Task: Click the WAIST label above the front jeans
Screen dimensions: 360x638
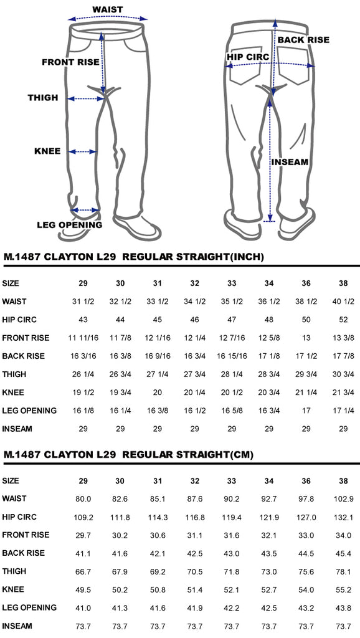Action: (107, 9)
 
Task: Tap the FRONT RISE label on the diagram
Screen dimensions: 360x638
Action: (70, 62)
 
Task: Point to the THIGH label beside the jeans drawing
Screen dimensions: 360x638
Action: (43, 98)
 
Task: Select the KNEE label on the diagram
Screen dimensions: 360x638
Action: (47, 151)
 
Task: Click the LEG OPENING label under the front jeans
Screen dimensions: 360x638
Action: (70, 225)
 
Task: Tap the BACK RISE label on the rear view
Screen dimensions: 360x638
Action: (303, 40)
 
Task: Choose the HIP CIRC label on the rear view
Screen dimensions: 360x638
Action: (248, 57)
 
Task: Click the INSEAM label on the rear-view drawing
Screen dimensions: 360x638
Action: (290, 162)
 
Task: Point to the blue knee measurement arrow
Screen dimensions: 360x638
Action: (83, 152)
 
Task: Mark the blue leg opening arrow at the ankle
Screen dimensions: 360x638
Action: (85, 211)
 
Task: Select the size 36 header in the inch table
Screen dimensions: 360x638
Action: (306, 283)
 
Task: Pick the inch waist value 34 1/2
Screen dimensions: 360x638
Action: (195, 302)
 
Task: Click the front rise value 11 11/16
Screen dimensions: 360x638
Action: (83, 338)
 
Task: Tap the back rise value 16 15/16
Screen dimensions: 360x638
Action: (232, 356)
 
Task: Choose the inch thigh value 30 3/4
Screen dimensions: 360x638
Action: (343, 374)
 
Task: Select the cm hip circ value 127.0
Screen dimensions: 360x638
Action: (306, 517)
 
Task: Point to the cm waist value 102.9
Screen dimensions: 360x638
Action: (343, 499)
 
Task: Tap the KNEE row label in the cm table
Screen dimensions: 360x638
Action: (13, 589)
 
